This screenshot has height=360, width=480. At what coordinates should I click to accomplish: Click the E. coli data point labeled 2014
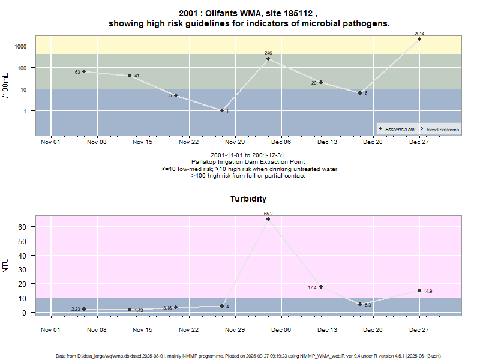pos(419,39)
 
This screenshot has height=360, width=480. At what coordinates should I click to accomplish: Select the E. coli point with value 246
pos(268,59)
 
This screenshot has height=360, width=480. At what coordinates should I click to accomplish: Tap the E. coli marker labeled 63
pos(84,71)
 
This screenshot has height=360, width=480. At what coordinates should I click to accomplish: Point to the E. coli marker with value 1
pos(222,110)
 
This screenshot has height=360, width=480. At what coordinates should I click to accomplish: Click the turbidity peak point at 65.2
pos(268,219)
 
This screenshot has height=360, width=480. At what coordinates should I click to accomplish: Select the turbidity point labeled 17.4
pos(321,287)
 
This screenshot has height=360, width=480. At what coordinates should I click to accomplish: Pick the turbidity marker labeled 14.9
pos(419,290)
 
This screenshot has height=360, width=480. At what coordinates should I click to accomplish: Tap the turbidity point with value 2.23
pos(84,309)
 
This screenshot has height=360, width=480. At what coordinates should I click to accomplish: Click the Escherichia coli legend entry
pos(400,129)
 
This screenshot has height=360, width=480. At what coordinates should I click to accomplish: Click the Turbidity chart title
pos(248,199)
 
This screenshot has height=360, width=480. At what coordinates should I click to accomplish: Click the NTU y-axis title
pos(5,264)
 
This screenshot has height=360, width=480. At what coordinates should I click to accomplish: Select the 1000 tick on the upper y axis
pos(21,46)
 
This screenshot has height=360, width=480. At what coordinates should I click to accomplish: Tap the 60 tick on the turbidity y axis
pos(23,227)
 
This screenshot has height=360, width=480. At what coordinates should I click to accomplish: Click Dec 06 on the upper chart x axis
pos(281,142)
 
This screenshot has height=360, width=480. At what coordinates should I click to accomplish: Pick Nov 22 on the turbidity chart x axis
pos(188,329)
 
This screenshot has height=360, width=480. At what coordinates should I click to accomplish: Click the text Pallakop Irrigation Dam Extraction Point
pos(248,162)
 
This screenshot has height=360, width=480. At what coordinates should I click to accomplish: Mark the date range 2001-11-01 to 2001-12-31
pos(248,155)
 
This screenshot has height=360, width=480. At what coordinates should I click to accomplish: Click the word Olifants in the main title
pos(226,13)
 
